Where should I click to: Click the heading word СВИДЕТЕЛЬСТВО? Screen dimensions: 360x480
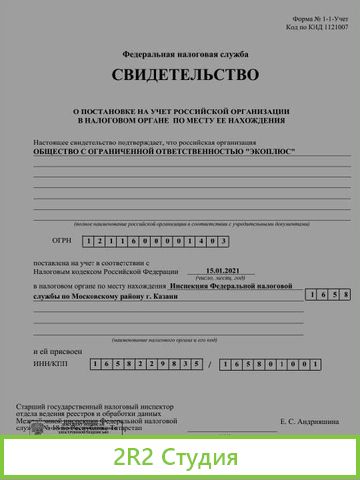click(184, 75)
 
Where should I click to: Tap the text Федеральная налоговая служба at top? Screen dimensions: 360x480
click(185, 53)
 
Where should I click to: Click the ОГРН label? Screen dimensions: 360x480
click(61, 241)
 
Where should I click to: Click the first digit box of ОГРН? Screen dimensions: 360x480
click(91, 242)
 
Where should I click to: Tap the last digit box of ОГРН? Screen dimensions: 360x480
click(225, 242)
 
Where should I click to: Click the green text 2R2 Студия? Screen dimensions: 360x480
click(179, 458)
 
